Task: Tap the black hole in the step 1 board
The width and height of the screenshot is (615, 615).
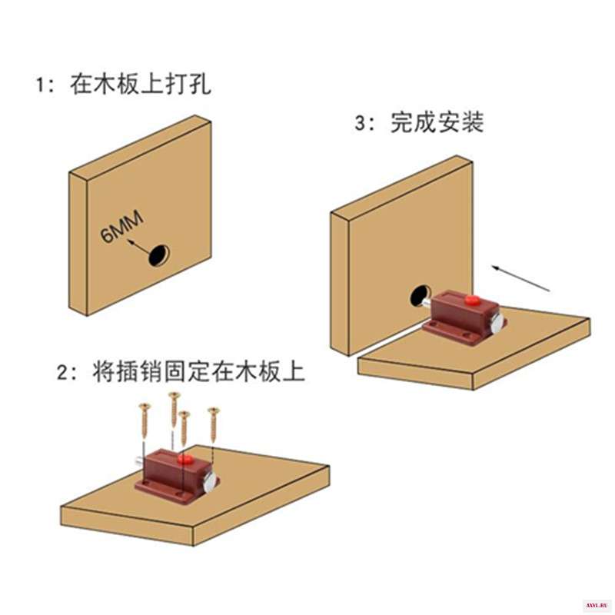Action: (x=159, y=255)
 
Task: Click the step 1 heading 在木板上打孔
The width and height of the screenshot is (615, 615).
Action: (x=141, y=84)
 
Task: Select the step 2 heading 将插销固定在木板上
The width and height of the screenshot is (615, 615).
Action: (x=199, y=371)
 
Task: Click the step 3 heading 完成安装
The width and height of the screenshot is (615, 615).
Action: (x=437, y=122)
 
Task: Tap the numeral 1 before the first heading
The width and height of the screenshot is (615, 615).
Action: (x=41, y=85)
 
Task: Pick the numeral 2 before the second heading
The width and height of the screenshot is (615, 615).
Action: (x=63, y=372)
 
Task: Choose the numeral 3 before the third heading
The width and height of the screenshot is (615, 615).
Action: (x=361, y=123)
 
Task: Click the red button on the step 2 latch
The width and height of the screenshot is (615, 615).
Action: (x=184, y=458)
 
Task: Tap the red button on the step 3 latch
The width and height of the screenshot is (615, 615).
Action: (x=471, y=301)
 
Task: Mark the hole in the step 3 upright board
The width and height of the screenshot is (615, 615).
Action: (x=420, y=296)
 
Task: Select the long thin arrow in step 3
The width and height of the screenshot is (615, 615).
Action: (x=521, y=279)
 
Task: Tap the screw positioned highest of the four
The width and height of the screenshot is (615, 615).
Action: (x=175, y=409)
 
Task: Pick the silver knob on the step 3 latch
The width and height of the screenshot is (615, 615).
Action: (x=497, y=320)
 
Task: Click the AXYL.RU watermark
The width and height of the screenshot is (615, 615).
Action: (x=597, y=606)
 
